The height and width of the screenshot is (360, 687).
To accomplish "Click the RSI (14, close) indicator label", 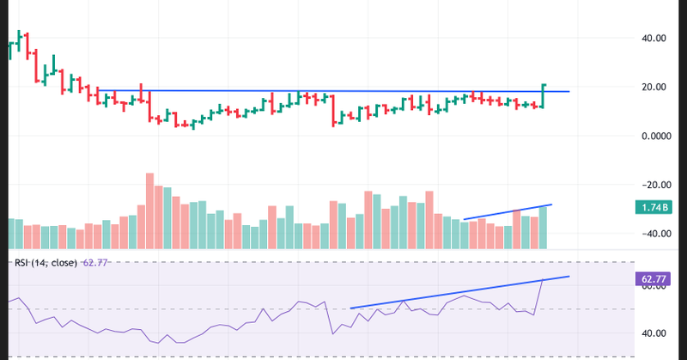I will (x=43, y=263).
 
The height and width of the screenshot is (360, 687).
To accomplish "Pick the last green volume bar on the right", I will (x=543, y=228).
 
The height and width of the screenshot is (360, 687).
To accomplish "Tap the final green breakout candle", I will (x=544, y=96).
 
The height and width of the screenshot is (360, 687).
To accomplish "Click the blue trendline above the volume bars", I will (x=507, y=212).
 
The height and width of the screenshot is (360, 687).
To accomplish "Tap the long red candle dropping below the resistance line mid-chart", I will (x=333, y=109).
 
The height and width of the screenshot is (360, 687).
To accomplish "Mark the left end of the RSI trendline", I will (x=351, y=308).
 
